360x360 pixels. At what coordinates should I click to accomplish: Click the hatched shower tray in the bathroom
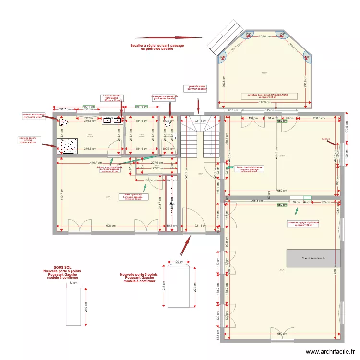pos(68,147)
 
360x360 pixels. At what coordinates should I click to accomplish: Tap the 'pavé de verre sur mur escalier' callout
pos(196,88)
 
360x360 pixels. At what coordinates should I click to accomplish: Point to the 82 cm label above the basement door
pos(73,283)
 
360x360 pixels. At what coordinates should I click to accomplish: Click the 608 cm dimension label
pos(110,225)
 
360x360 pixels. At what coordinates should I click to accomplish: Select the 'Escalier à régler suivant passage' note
pos(157,47)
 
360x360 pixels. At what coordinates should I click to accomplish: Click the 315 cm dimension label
pos(270,110)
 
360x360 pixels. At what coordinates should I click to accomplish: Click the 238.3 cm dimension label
pos(319,118)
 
